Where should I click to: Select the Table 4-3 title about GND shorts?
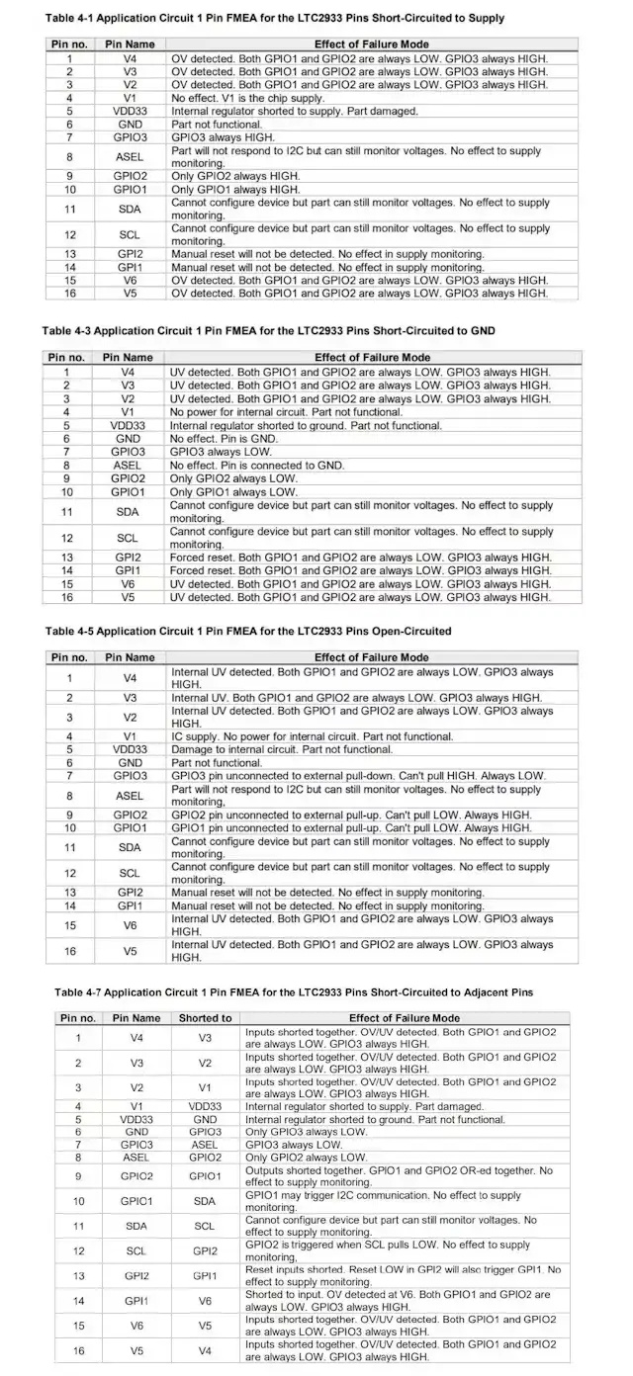[268, 330]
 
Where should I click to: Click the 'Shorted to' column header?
[205, 1017]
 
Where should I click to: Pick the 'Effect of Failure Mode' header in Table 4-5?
[371, 657]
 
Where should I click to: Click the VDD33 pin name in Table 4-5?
[130, 749]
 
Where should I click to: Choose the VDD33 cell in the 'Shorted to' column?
[205, 1106]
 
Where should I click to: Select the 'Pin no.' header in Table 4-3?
[67, 358]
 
